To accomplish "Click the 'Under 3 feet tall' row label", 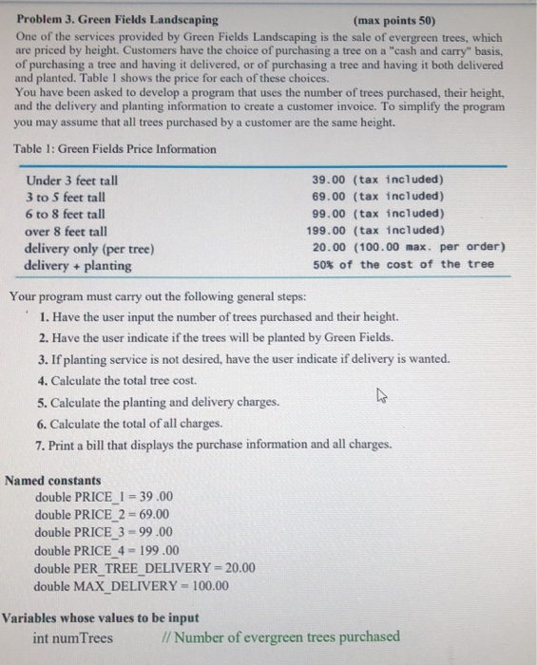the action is point(72,180).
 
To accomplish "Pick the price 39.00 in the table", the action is point(329,180).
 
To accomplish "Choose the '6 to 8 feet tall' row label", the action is point(67,214).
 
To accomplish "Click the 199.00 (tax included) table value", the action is point(377,230).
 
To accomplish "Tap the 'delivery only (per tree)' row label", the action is point(89,248).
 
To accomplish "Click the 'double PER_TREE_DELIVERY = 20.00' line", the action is point(144,568).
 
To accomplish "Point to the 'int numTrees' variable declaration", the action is point(72,637).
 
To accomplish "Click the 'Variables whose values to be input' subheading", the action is point(100,618).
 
